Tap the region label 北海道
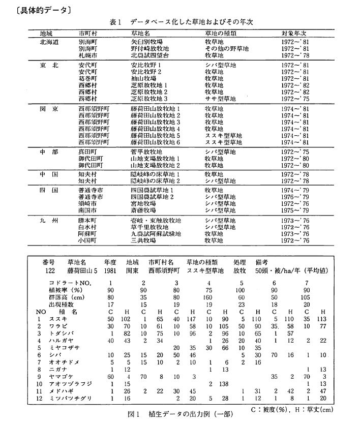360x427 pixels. click(50, 42)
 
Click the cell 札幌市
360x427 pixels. click(89, 54)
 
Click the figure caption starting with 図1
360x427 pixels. click(170, 413)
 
